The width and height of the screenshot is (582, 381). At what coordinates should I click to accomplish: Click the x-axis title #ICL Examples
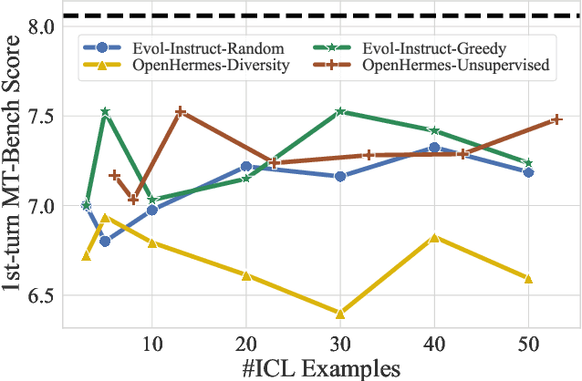[x=321, y=368]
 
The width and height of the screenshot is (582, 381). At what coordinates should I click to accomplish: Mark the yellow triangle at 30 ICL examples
[x=340, y=314]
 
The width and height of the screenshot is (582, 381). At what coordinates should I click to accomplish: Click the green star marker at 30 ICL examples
[x=340, y=111]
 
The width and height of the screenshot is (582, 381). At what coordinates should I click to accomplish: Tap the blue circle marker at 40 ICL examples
[x=434, y=147]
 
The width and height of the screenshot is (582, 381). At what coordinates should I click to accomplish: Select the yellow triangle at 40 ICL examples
[x=434, y=237]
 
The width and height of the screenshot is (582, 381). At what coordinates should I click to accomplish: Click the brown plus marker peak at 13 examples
[x=180, y=111]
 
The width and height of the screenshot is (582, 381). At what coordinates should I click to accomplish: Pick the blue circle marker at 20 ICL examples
[x=246, y=167]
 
